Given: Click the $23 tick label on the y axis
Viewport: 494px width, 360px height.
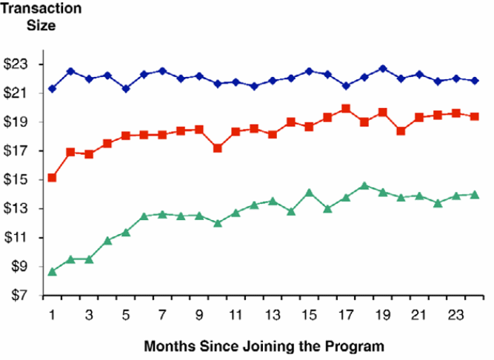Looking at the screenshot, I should click(x=16, y=64).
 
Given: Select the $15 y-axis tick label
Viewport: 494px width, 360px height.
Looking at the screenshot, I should click(x=16, y=180).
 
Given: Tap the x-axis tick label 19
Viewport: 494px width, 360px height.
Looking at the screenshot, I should click(x=382, y=314).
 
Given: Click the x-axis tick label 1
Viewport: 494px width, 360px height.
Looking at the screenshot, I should click(x=52, y=314).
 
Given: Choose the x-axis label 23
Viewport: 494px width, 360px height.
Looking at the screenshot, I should click(x=455, y=314).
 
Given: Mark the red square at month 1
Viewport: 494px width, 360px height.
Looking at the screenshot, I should click(x=52, y=178).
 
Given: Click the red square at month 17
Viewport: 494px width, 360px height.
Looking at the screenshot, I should click(x=346, y=109).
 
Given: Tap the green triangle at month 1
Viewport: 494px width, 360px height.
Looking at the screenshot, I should click(x=52, y=271).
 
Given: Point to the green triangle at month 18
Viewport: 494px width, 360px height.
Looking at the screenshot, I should click(x=364, y=186).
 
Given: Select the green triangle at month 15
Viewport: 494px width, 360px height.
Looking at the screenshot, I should click(x=309, y=193).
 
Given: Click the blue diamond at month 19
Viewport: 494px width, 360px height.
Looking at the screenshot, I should click(x=382, y=69).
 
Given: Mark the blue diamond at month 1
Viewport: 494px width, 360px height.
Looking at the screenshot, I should click(x=52, y=89).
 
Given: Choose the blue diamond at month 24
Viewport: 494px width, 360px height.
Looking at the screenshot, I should click(x=474, y=81).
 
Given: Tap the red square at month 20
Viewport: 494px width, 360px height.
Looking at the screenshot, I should click(x=401, y=131).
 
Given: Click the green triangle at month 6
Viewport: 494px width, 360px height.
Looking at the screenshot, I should click(x=144, y=216).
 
